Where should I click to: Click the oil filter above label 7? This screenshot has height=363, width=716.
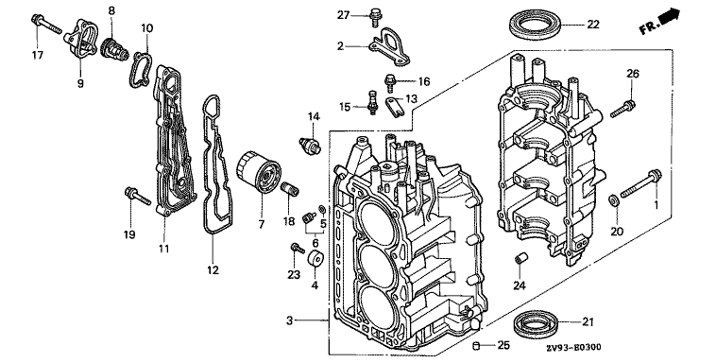coord(259,176)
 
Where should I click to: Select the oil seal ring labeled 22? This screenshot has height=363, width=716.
coord(536,27)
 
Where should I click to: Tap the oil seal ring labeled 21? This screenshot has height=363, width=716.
coord(538,322)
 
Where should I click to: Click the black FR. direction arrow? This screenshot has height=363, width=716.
coord(670,16)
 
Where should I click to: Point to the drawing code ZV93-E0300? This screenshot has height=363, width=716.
coord(573,348)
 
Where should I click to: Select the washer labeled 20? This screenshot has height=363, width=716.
coord(614,199)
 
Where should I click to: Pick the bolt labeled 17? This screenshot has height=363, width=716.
coord(46,25)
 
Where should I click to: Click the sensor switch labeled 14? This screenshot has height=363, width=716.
coord(310,144)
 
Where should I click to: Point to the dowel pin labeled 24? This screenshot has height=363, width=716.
coord(520,257)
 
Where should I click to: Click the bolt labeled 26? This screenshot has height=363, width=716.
coord(622,108)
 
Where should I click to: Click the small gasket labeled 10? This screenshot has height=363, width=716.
coord(140,69)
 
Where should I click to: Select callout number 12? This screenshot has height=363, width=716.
coord(213,270)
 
